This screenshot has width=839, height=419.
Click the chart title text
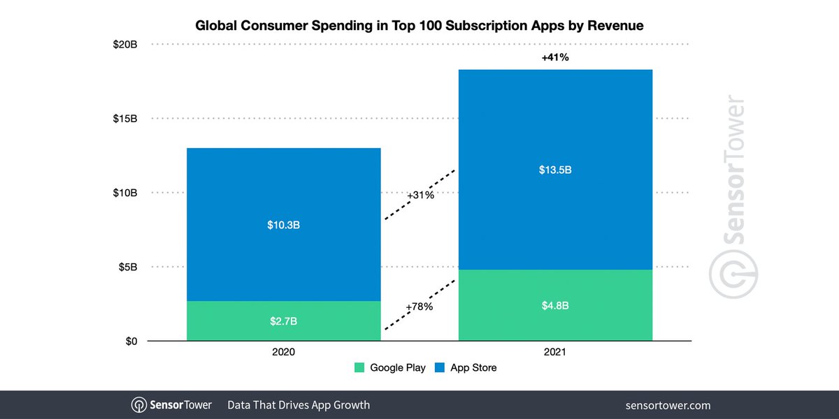click(x=419, y=25)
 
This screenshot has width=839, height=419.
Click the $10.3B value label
click(x=284, y=225)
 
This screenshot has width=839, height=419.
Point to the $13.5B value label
click(x=556, y=170)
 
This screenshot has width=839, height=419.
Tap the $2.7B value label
click(x=284, y=321)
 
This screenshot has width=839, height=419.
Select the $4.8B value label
click(x=556, y=305)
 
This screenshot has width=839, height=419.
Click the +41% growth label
click(x=555, y=58)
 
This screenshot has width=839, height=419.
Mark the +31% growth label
click(x=420, y=195)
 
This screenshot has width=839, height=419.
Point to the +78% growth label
click(x=419, y=307)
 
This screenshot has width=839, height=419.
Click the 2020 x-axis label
click(x=283, y=353)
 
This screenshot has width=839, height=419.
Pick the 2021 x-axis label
click(x=556, y=353)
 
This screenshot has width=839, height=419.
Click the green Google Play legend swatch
click(x=360, y=367)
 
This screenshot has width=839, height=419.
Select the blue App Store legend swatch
click(x=440, y=367)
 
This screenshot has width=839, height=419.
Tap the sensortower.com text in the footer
click(x=668, y=405)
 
